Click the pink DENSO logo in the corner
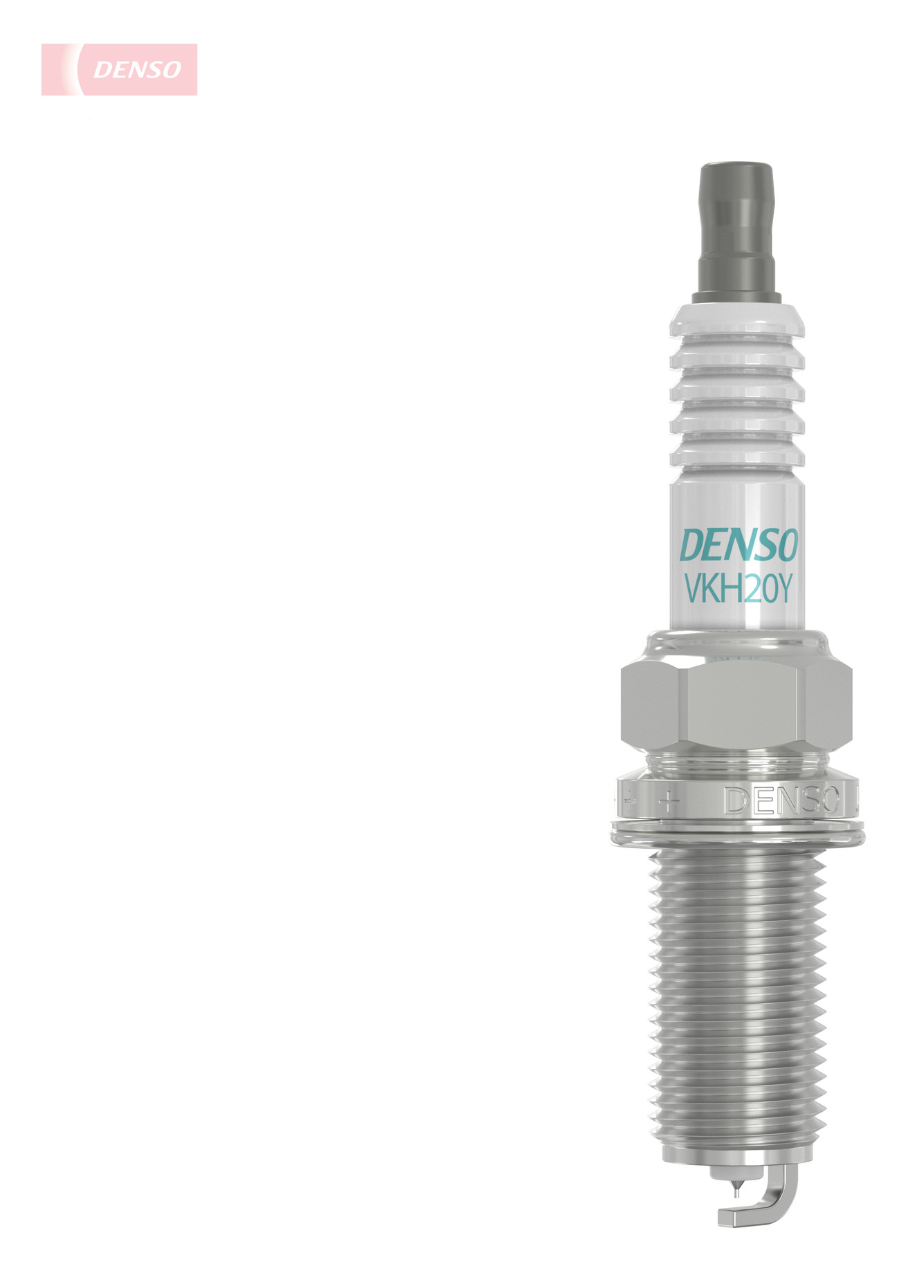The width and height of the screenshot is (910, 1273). (119, 69)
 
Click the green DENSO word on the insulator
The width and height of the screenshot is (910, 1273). (739, 545)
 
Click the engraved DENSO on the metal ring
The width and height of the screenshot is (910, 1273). (781, 800)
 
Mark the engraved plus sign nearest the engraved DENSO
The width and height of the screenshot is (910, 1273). (667, 802)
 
